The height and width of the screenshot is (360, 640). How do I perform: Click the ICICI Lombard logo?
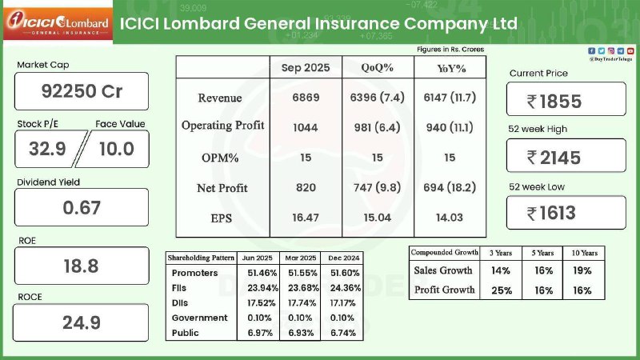(55, 24)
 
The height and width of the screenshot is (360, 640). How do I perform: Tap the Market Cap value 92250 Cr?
(82, 91)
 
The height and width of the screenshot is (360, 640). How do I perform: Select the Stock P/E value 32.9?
(46, 149)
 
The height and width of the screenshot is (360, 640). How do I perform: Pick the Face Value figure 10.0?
(115, 149)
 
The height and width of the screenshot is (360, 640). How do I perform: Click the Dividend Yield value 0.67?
(82, 207)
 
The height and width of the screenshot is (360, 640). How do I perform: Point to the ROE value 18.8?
(82, 266)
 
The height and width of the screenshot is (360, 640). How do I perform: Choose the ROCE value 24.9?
(82, 323)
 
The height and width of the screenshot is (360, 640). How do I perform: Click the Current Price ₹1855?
(565, 101)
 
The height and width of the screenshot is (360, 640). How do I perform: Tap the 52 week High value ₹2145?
(565, 157)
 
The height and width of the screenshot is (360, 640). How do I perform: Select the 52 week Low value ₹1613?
(565, 213)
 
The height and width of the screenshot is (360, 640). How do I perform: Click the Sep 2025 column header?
(306, 68)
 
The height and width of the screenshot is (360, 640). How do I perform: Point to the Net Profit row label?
(222, 188)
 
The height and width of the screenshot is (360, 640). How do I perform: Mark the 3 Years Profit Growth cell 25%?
(501, 290)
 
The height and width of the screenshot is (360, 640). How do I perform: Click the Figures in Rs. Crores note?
(450, 50)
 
